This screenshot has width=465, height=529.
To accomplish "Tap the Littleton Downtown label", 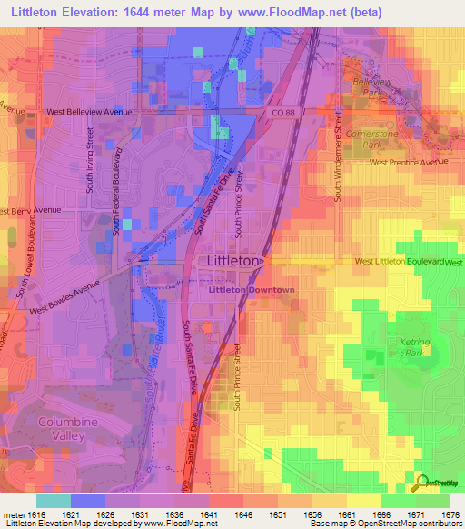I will (252, 290).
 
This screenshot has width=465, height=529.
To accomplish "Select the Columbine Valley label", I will (62, 429).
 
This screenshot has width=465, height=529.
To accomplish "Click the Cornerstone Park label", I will (367, 138).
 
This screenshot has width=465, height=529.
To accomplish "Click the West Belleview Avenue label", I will (89, 112).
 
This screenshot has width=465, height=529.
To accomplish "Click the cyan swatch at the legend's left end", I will (53, 501).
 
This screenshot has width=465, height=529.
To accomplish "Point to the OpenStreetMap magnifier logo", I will (421, 482).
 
